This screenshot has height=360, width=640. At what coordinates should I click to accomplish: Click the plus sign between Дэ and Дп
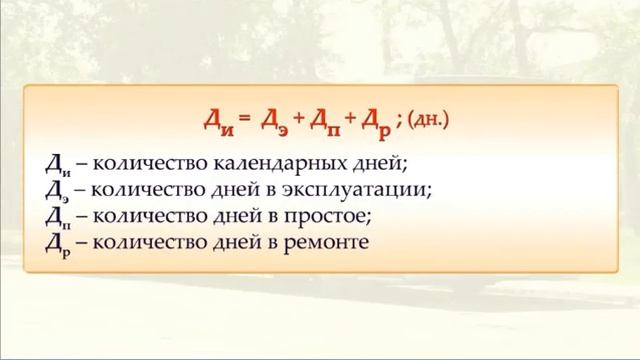pyautogui.click(x=299, y=122)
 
